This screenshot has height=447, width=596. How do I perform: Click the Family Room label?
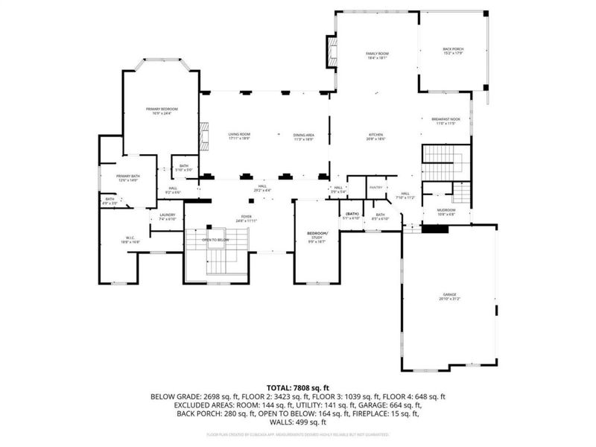click(377, 56)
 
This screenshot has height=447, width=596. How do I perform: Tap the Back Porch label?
click(453, 51)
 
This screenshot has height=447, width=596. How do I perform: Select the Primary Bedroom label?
click(161, 111)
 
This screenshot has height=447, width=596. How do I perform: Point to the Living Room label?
click(238, 136)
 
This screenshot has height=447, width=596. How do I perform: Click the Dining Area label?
click(303, 136)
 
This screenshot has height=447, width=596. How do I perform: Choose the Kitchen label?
click(375, 136)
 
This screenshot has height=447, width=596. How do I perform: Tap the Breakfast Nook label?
click(446, 121)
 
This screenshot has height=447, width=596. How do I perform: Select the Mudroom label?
click(446, 212)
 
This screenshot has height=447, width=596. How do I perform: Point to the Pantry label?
click(375, 188)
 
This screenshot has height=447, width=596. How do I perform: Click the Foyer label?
click(246, 219)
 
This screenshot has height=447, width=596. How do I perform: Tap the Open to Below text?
click(215, 240)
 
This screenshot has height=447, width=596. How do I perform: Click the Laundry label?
click(167, 217)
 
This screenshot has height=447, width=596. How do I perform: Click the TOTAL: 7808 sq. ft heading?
click(298, 388)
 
